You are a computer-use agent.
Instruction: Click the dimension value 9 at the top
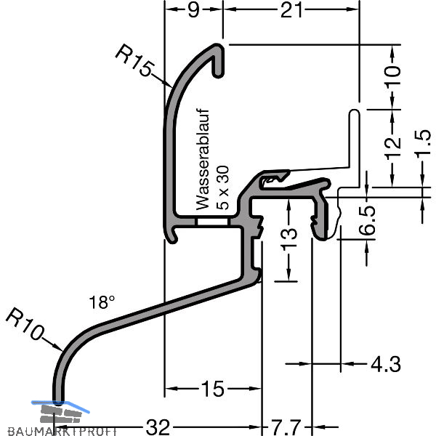[193, 10]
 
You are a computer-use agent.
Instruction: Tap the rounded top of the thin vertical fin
[355, 113]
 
